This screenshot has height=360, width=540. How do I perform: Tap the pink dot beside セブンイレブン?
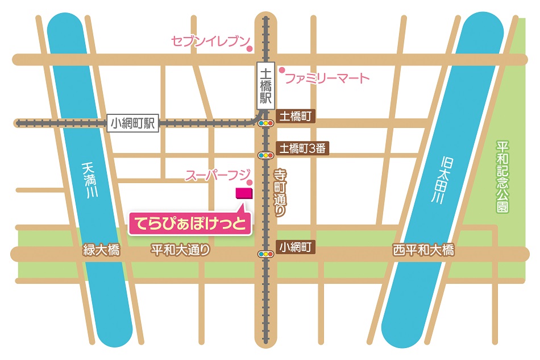249,49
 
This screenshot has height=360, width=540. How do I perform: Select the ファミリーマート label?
327,78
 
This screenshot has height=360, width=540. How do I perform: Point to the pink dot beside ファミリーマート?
281,70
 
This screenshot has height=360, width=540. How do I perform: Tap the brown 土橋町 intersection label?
294,117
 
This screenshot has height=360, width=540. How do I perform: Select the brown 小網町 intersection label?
294,247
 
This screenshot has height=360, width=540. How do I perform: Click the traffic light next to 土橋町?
265,123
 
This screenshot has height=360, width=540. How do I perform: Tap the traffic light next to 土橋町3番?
265,155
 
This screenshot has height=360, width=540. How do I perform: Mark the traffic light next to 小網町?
265,254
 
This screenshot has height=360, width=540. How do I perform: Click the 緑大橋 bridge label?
102,250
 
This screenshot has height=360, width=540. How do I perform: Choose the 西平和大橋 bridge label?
423,250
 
